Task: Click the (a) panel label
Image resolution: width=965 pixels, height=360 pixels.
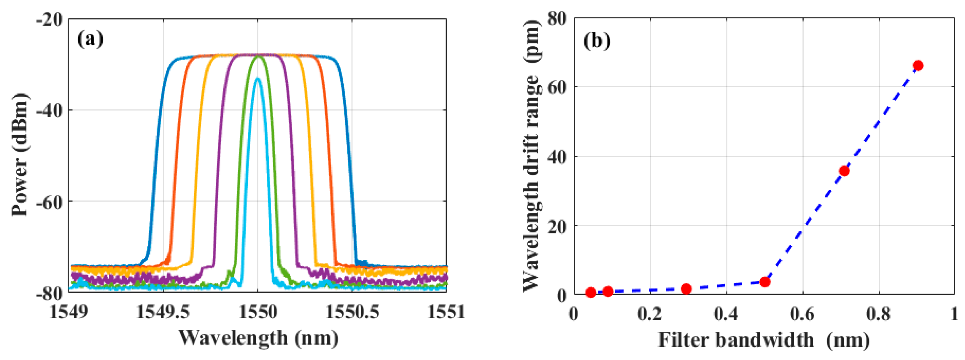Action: [x=90, y=39]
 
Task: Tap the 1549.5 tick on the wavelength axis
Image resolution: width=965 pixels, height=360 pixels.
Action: [x=163, y=312]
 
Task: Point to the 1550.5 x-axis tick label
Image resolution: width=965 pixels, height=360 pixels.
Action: [x=352, y=312]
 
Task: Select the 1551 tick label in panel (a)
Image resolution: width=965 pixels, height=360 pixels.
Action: [x=446, y=312]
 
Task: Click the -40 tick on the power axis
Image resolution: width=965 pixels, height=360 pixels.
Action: [x=49, y=111]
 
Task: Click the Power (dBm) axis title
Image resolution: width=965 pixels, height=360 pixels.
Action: [x=20, y=154]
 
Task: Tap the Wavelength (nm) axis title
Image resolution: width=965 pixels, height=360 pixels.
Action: [x=258, y=338]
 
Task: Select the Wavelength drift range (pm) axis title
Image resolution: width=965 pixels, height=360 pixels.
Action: [x=531, y=154]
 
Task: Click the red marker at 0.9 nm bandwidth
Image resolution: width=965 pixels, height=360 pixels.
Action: [x=918, y=66]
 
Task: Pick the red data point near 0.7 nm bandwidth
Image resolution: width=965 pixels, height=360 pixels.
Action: [x=844, y=171]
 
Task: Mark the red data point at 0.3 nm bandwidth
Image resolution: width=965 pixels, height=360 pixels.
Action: [x=686, y=289]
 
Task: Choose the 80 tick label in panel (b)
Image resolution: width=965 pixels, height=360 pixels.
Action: [x=557, y=19]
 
